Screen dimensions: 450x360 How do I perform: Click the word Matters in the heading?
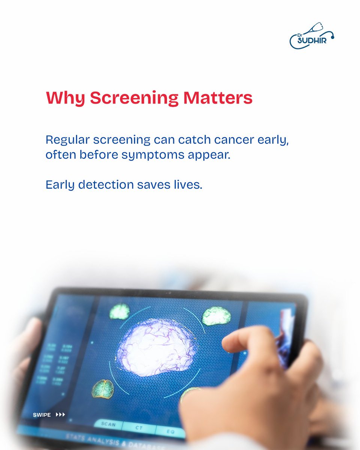click(218, 98)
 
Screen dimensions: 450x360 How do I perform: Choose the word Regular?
click(67, 140)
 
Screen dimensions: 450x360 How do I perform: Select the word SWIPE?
click(42, 415)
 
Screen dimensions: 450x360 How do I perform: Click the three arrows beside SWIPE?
click(60, 414)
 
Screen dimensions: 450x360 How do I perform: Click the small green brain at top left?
click(120, 311)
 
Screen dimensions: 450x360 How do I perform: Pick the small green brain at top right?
click(216, 316)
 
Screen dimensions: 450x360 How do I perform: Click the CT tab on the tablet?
click(139, 427)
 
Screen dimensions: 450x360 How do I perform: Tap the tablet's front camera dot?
click(169, 292)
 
